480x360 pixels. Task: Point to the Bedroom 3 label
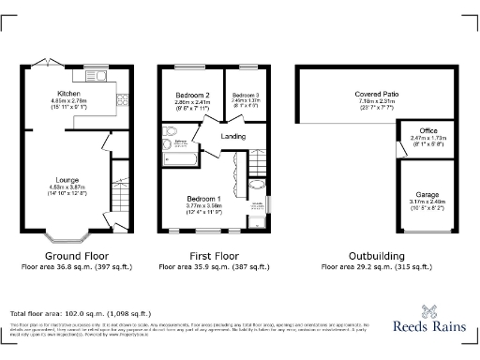pos(245,96)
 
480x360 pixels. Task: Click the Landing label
pos(232,137)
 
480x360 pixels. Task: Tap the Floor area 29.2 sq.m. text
pos(378,266)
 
